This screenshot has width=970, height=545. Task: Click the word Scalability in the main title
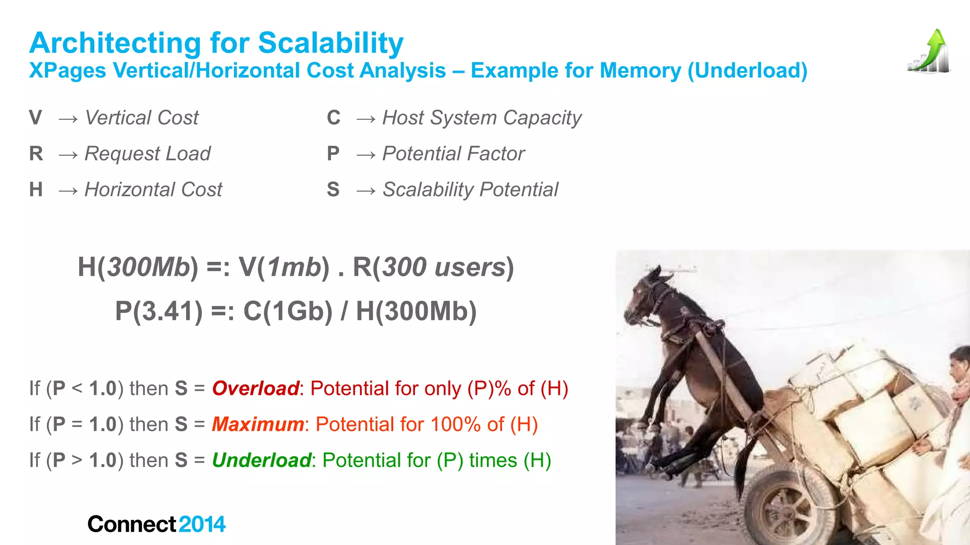coord(331,44)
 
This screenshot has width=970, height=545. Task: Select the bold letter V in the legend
coord(36,118)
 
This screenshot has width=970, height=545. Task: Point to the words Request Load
coord(147,154)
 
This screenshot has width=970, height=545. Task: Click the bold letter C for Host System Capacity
coord(333,118)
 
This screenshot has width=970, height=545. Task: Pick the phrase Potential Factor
coord(453,154)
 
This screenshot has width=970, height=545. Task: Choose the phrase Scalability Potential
coord(470,190)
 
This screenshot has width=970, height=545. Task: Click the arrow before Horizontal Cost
coord(68,190)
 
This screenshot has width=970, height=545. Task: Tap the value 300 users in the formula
coord(444,267)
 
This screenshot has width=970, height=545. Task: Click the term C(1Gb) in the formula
coord(288,311)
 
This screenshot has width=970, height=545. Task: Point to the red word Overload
coord(255,388)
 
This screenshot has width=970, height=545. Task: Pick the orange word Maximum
coord(258,424)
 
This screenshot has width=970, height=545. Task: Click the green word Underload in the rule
coord(261,460)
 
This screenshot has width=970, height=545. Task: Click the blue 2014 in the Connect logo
coord(202,524)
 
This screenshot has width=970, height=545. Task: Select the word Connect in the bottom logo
coord(132,524)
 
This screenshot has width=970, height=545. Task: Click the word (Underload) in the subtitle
coord(747,71)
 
